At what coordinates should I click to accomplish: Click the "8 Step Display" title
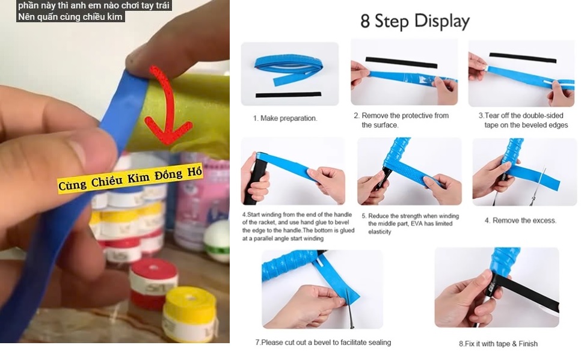(x=415, y=21)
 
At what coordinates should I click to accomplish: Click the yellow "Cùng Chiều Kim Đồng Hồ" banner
(x=131, y=178)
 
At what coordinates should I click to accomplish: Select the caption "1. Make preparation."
(x=285, y=118)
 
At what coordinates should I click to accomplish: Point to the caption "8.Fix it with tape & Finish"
(x=498, y=344)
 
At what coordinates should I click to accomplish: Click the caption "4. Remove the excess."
(x=520, y=221)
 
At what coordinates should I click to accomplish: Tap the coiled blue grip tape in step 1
(x=288, y=68)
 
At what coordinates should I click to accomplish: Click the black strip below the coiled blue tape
(x=288, y=95)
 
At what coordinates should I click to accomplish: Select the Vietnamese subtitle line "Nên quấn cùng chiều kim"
(x=70, y=17)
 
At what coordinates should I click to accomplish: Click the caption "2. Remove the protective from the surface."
(x=401, y=120)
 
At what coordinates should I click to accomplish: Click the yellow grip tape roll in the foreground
(x=189, y=314)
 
